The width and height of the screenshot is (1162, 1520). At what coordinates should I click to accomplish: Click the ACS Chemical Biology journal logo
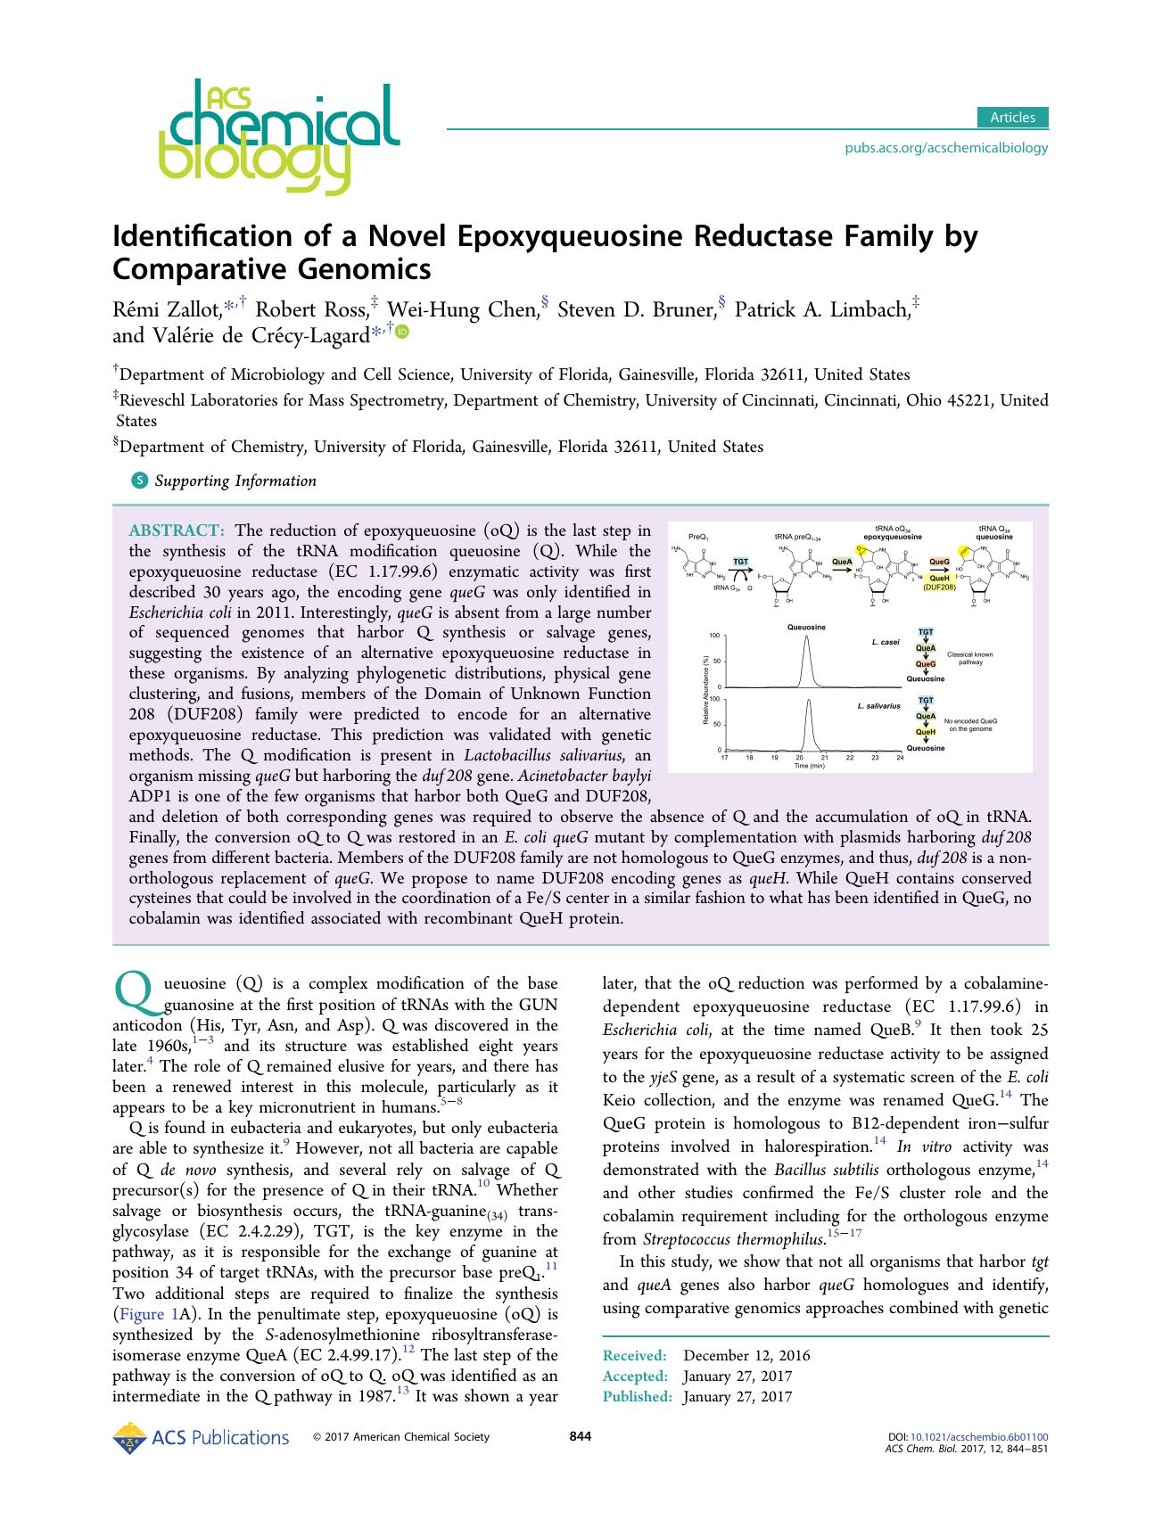point(276,136)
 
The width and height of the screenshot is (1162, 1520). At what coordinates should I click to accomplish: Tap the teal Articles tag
point(1012,118)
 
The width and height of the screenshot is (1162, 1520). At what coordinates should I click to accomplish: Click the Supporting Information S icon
point(139,481)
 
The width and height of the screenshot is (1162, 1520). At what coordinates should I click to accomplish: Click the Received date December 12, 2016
point(746,1356)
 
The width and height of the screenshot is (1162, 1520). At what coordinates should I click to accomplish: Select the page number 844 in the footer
point(581,1436)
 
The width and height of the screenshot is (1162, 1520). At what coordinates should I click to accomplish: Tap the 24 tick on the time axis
point(900,758)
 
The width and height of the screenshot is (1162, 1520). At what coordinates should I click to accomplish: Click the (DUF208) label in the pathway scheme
point(939,587)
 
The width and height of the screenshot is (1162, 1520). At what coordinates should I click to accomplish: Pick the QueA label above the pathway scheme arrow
point(842,562)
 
